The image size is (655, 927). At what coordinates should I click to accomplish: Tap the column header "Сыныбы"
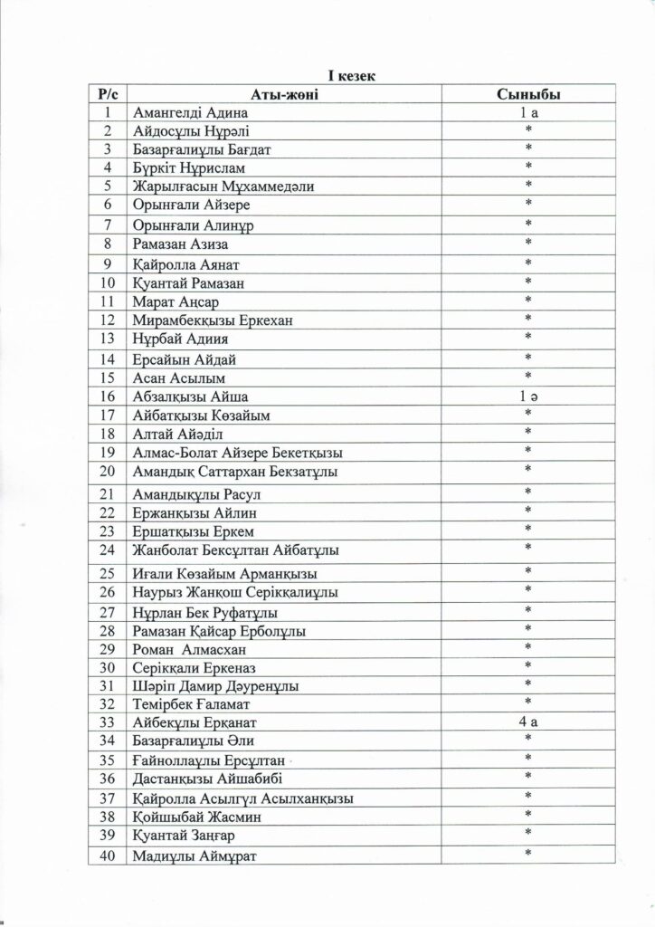tap(527, 94)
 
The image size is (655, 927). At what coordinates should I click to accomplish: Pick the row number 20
tap(108, 471)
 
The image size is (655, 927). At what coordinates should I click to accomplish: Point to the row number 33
tap(108, 722)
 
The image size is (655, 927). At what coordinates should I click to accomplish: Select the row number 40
tap(108, 856)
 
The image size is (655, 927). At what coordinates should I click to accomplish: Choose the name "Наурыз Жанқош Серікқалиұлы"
tap(235, 593)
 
